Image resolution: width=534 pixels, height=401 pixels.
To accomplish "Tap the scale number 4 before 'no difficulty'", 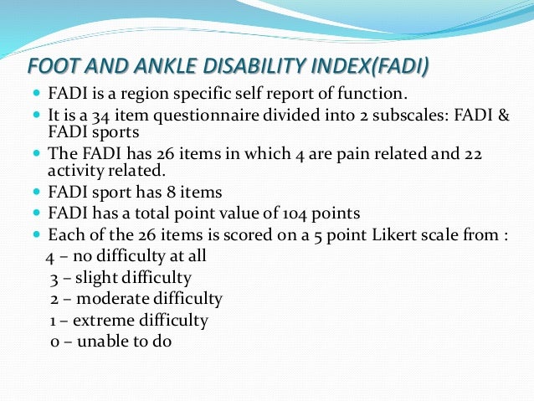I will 50,256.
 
